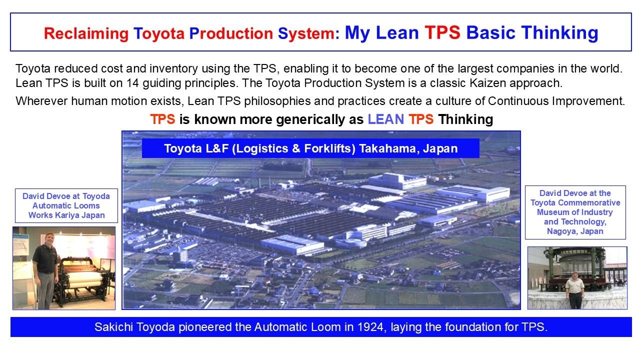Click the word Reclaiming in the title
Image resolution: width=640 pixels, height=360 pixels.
(86, 33)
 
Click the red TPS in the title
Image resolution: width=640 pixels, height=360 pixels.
(442, 32)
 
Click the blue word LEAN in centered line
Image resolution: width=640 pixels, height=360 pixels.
(386, 119)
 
